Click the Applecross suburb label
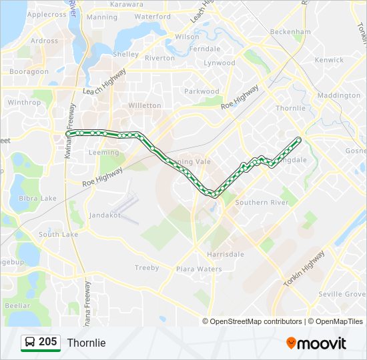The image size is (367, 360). coord(47,15)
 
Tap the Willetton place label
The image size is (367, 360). coord(145,105)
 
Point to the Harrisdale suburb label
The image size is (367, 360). coord(225,254)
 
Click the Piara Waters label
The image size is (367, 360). coord(199,269)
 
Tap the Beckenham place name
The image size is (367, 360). coord(291,31)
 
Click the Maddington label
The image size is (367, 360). coord(339,95)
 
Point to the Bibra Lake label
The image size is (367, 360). coord(38,198)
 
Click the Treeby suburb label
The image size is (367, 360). coord(147,268)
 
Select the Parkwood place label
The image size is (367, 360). coord(202,91)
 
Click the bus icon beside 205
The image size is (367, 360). coord(30,343)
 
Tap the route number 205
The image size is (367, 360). coord(48,342)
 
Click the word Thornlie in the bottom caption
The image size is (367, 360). coord(86,343)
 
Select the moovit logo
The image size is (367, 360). coord(316,343)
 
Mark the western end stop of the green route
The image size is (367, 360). coord(68,133)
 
